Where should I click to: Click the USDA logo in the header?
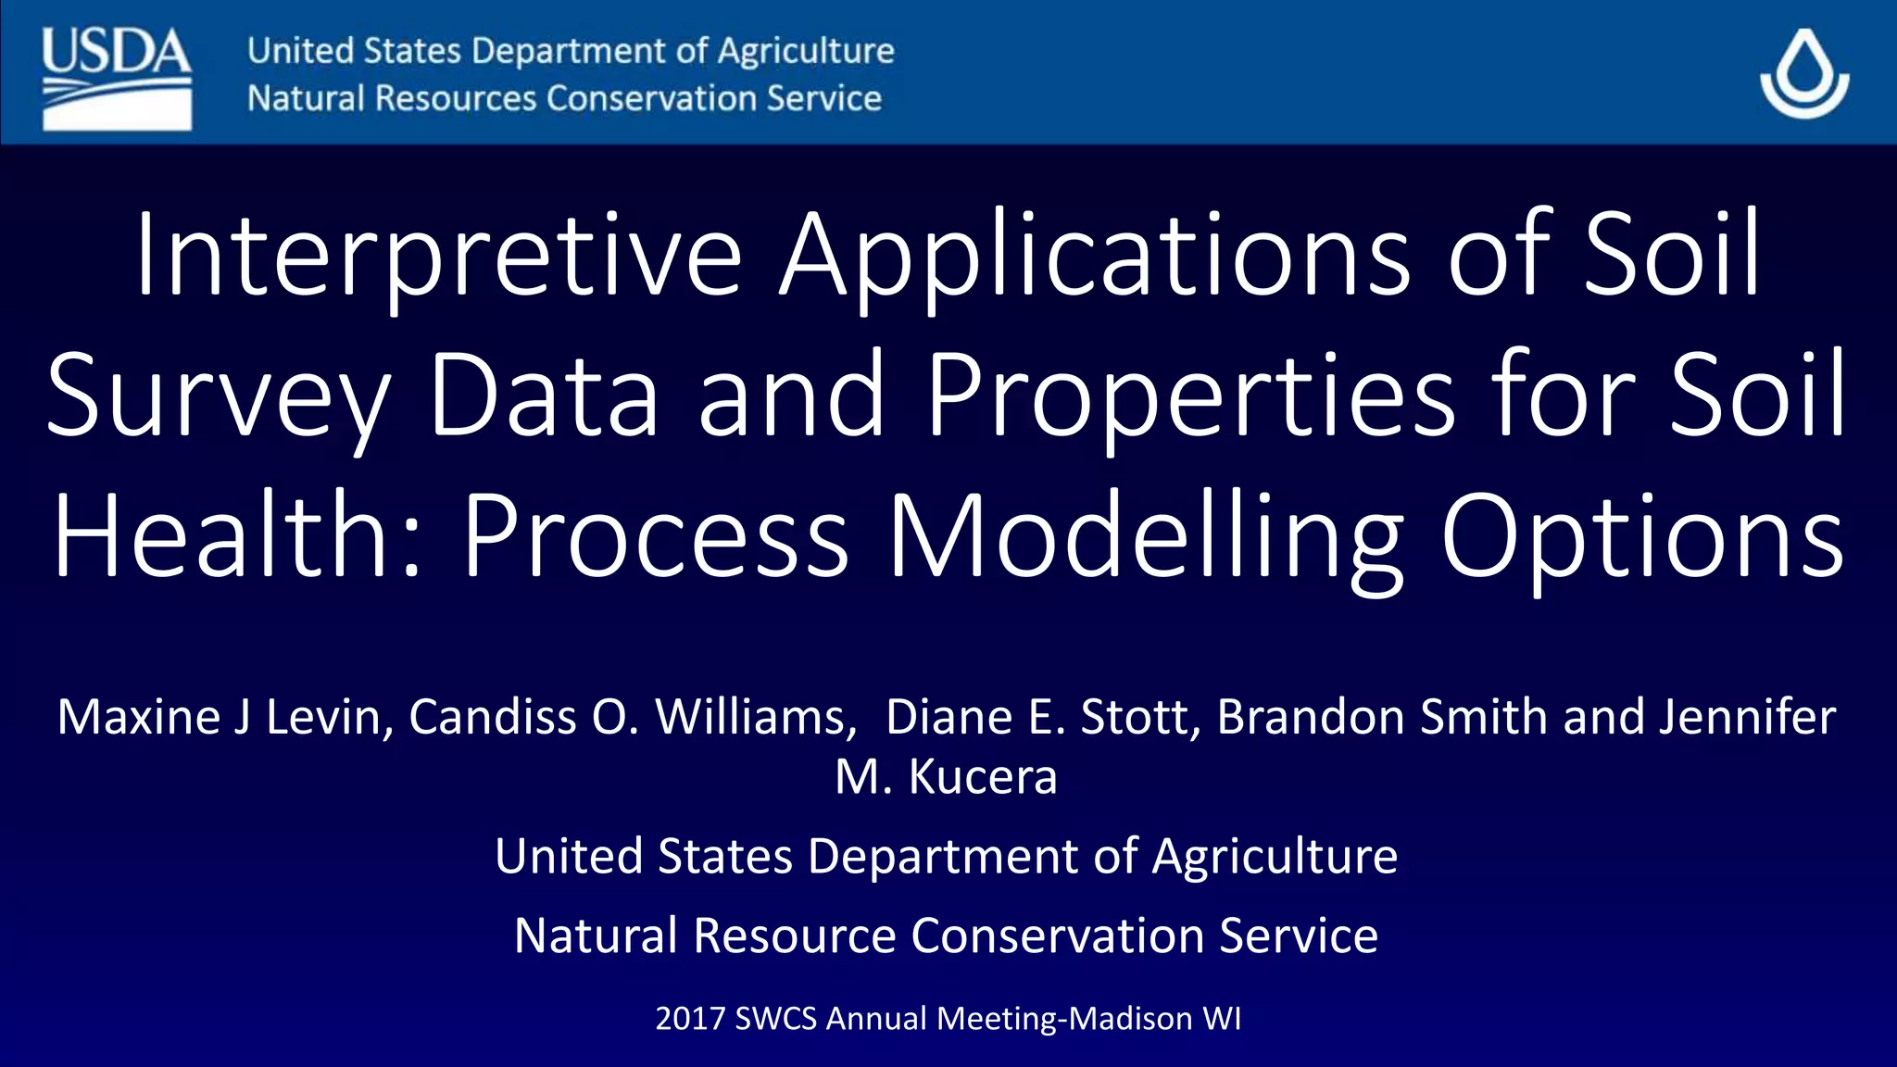coord(117,79)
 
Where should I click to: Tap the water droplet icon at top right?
coord(1804,74)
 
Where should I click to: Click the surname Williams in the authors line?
coord(756,717)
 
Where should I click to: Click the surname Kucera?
coord(983,776)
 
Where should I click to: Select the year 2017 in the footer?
coord(689,1018)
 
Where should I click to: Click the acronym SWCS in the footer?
coord(776,1018)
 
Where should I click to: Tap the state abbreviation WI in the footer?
coord(1222,1018)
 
